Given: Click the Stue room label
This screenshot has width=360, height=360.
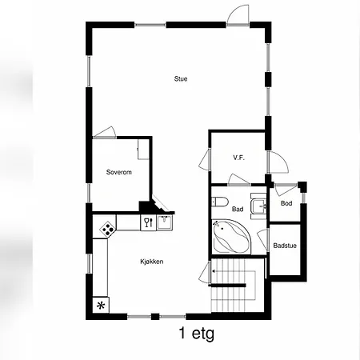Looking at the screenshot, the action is click(181, 79).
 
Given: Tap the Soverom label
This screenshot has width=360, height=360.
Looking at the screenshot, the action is click(119, 172).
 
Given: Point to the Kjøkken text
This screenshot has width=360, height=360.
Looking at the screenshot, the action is click(152, 262).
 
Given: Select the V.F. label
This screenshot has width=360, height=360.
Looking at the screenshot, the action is click(239, 158).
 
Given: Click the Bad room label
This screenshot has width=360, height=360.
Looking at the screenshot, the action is click(238, 209).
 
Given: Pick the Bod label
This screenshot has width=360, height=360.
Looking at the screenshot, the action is click(286, 203).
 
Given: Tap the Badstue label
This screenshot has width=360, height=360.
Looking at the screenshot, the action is click(285, 246).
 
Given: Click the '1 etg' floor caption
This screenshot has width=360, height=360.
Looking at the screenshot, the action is click(197, 334).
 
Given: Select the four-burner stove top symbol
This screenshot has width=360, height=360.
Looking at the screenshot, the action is click(107, 229).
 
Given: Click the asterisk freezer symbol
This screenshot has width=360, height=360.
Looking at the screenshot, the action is click(101, 305).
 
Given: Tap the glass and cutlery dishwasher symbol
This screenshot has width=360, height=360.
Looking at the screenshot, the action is click(148, 222).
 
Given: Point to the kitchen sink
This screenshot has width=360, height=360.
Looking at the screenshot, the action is click(165, 222).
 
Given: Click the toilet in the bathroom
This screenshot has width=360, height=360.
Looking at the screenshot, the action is click(220, 202).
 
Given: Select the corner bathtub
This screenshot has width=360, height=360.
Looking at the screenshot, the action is click(231, 236).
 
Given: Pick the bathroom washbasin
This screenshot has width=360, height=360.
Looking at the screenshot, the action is click(258, 206).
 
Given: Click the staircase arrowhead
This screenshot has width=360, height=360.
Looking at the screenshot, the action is click(214, 271).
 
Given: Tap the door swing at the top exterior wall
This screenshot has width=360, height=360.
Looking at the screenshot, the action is click(238, 14).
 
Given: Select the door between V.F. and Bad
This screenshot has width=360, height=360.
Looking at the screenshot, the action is click(239, 179).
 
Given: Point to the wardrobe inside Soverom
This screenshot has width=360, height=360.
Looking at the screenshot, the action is click(143, 150).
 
